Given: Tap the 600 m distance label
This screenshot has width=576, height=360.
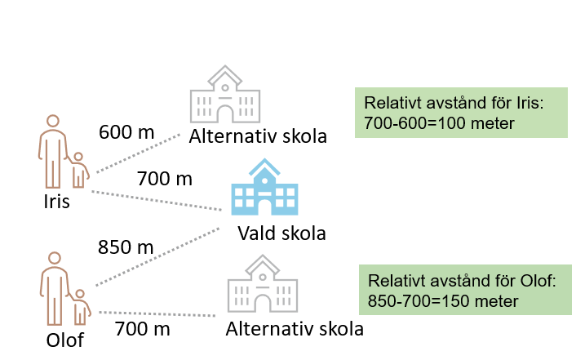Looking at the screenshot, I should [x=126, y=131].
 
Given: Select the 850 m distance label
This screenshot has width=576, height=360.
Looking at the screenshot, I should [x=125, y=247].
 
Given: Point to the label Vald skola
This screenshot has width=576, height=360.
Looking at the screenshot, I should [x=281, y=233].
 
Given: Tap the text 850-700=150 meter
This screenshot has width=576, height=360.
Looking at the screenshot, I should [x=443, y=301].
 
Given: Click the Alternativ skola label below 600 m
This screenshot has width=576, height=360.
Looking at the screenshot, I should [x=258, y=136].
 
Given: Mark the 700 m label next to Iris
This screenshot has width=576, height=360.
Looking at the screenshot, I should [x=164, y=178].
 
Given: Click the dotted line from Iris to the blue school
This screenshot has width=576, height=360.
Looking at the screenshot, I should [x=155, y=199].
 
